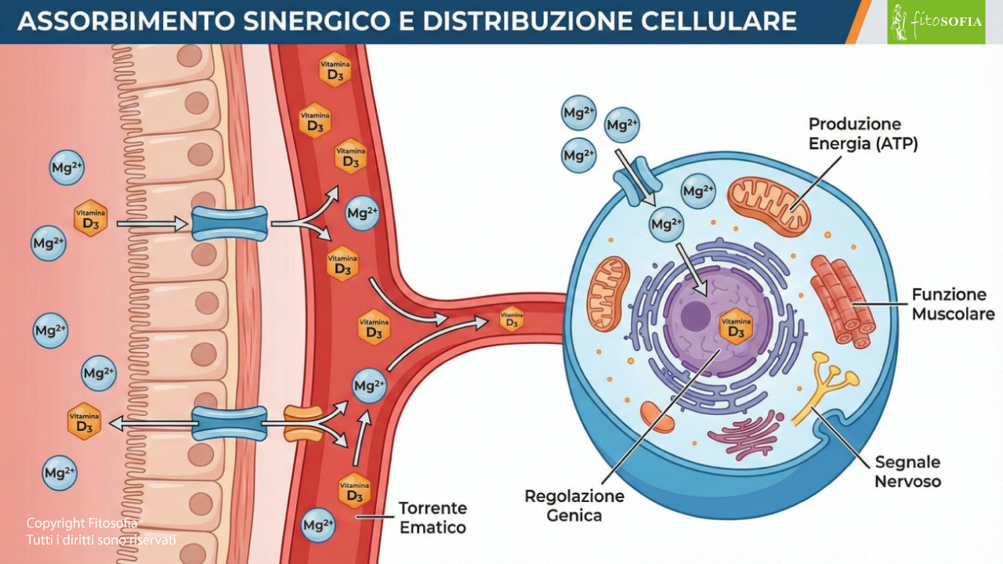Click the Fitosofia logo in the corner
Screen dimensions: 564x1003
point(936,22)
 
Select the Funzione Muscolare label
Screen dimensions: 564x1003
point(953,305)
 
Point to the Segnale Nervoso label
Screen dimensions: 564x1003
point(907,472)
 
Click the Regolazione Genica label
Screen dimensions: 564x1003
point(574,505)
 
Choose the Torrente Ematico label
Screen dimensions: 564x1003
point(433,518)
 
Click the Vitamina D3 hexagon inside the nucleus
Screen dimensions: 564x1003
point(736,327)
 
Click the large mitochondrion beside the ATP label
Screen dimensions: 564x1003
point(766,205)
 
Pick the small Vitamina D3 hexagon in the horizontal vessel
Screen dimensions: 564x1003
point(511,319)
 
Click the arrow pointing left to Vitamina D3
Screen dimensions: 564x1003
point(153,424)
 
